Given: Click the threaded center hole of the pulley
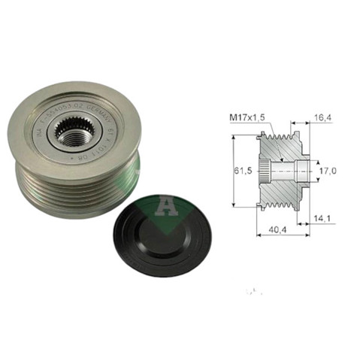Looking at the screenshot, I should coord(73,135).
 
